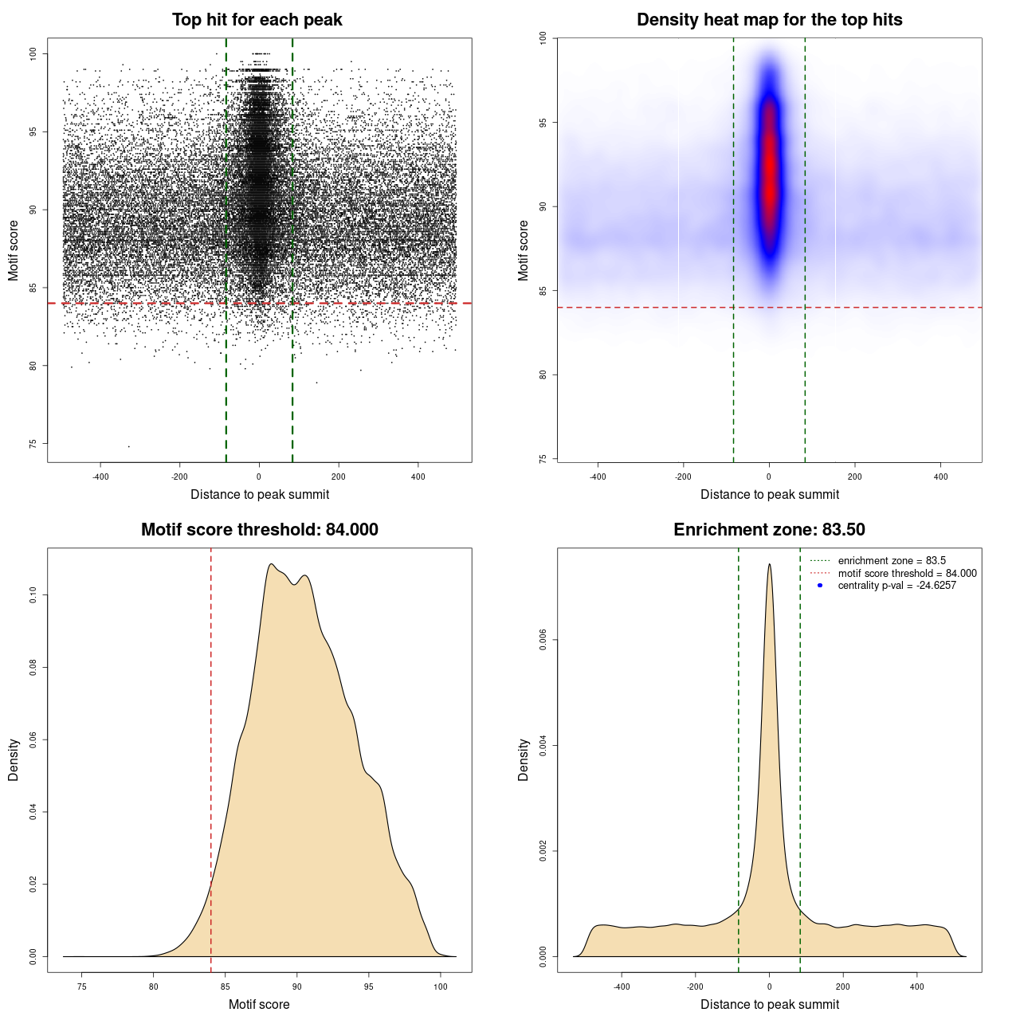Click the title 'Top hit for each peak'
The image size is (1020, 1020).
(257, 20)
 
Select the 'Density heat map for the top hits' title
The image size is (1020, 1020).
(769, 20)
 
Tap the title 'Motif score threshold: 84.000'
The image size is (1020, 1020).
(259, 530)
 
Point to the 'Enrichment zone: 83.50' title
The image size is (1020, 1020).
(769, 530)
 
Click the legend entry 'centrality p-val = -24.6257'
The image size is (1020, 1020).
(896, 586)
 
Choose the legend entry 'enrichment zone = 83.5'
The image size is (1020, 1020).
(892, 561)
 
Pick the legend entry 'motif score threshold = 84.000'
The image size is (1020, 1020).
(907, 574)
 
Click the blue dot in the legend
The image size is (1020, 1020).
(820, 586)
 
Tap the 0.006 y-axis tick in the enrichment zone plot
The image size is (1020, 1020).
(543, 640)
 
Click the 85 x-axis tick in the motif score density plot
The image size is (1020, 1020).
(226, 987)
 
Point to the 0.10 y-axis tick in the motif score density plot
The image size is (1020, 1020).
(33, 595)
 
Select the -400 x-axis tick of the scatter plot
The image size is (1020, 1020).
(100, 477)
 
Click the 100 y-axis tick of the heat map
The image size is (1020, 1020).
(543, 38)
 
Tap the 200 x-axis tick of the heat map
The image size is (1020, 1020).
(855, 477)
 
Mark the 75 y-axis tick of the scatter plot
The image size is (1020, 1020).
(33, 444)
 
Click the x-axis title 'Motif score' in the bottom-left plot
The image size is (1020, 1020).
(259, 1004)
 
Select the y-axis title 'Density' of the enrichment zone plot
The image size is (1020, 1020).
(524, 759)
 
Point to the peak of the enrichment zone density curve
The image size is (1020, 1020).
(769, 564)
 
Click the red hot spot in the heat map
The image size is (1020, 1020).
(769, 171)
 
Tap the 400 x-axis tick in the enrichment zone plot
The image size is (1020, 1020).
(917, 987)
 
